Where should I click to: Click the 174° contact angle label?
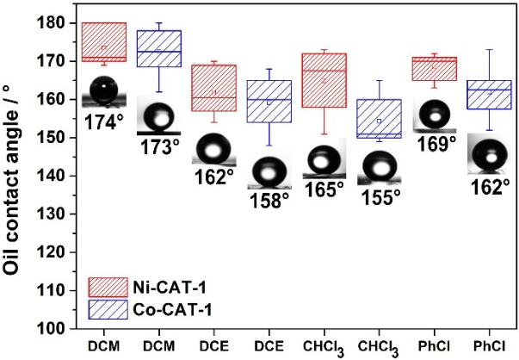(105, 121)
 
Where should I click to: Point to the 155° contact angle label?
(381, 197)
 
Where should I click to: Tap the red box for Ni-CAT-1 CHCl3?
(324, 80)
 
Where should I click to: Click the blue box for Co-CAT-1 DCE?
(269, 102)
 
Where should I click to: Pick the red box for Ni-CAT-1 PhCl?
(435, 69)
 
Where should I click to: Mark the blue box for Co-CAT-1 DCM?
(159, 48)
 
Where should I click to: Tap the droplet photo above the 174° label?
(104, 91)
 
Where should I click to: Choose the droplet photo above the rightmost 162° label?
(490, 158)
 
